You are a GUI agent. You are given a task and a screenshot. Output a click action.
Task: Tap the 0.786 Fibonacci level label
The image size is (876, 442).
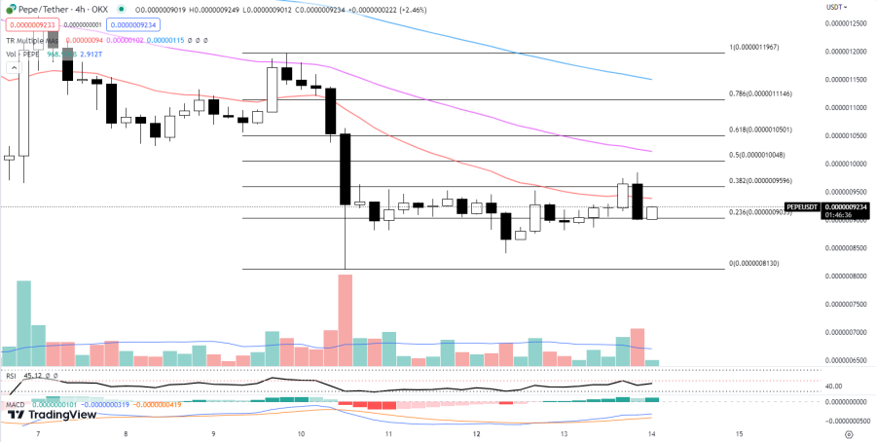[x=765, y=93]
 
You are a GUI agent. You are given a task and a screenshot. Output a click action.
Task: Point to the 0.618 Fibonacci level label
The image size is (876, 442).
[x=765, y=129]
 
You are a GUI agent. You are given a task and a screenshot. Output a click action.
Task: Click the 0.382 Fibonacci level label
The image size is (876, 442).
[x=765, y=181]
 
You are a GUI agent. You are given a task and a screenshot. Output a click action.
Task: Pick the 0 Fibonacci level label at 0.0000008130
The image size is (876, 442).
[x=753, y=263]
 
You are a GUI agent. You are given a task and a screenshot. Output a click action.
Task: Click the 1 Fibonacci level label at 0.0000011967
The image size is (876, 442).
[x=765, y=47]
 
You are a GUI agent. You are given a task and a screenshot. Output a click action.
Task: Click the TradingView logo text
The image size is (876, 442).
[x=60, y=415]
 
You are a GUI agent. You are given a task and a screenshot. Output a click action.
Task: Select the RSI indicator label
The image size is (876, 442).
[x=12, y=375]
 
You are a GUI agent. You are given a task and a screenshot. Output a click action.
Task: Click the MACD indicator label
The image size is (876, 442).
[x=15, y=403]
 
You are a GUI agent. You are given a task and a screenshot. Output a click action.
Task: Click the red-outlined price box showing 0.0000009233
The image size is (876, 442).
[x=29, y=23]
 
